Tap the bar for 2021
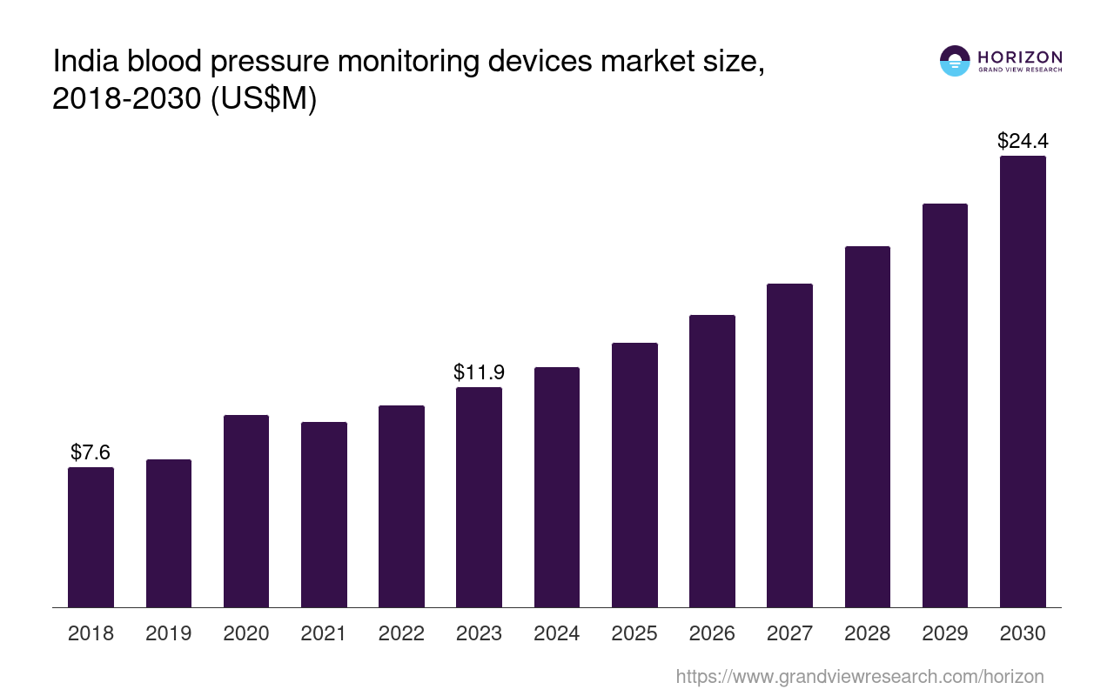tap(324, 514)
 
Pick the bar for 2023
tap(479, 497)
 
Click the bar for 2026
tap(712, 461)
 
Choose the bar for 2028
tap(868, 426)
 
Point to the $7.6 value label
tap(91, 452)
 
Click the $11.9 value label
tap(479, 372)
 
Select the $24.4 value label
tap(1023, 141)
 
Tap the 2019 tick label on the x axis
tap(168, 633)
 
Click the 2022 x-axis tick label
tap(401, 633)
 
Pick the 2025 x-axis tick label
tap(634, 633)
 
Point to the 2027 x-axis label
tap(789, 633)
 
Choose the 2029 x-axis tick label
tap(945, 633)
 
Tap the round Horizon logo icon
tap(955, 61)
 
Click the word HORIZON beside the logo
tap(1020, 57)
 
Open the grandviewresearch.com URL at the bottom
tap(859, 676)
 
